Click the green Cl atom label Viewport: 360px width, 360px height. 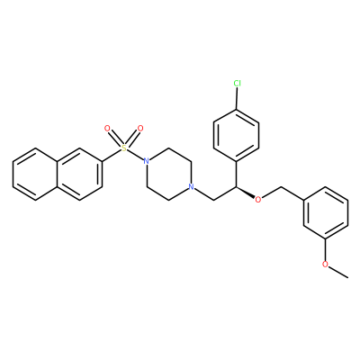coord(238,84)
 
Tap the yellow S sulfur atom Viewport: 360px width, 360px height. coord(123,148)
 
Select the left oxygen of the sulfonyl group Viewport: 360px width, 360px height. coord(107,129)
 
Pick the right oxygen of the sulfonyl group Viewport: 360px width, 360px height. coord(140,129)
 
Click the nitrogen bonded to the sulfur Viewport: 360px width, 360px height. coord(146,161)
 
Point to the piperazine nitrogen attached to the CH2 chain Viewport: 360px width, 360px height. coord(191,187)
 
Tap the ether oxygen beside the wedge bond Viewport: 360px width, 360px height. coord(258,200)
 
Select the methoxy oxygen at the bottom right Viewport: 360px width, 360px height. coord(326,265)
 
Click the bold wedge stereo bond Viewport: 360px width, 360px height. coord(246,193)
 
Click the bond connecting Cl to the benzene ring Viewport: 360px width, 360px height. coord(237,98)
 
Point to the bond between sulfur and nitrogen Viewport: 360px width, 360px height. coord(135,155)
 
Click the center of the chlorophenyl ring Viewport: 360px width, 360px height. coord(236,135)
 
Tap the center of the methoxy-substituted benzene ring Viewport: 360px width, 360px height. coord(326,212)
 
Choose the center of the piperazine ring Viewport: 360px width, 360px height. coord(168,174)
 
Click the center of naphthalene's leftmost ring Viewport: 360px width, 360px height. coord(35,174)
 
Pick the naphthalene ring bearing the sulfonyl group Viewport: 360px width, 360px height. coord(80,174)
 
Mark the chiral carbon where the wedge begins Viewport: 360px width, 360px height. coord(236,186)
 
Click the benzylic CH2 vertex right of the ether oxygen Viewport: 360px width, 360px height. coord(281,186)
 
